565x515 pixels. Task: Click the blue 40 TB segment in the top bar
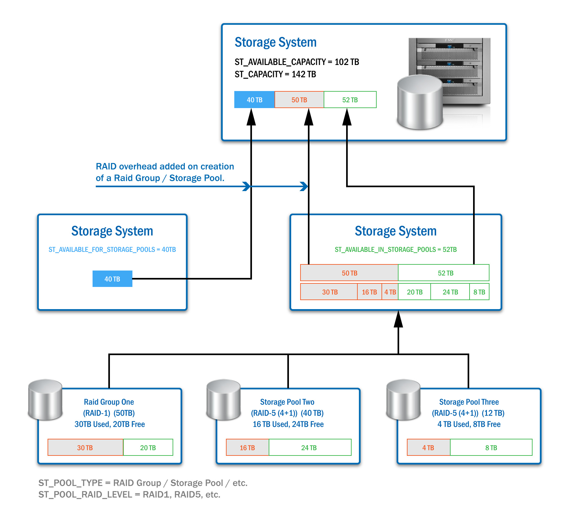(x=254, y=100)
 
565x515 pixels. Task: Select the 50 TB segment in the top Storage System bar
(x=299, y=100)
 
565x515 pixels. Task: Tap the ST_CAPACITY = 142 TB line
(x=275, y=74)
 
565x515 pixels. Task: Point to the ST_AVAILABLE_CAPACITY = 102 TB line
(x=297, y=62)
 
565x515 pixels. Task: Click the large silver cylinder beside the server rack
(x=420, y=102)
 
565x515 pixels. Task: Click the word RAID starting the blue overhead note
(x=106, y=166)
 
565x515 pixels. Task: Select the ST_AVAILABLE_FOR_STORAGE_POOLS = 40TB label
(x=112, y=250)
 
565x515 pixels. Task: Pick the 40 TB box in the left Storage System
(x=112, y=279)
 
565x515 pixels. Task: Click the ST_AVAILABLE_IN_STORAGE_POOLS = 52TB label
(x=396, y=250)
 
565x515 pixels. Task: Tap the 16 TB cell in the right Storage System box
(x=369, y=292)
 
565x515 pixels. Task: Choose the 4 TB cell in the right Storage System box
(x=390, y=292)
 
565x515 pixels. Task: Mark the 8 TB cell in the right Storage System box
(x=479, y=292)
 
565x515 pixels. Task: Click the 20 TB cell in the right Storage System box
(x=415, y=292)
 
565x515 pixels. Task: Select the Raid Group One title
(x=109, y=402)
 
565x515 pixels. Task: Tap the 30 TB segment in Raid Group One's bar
(x=85, y=447)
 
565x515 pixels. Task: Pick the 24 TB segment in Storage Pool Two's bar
(x=309, y=447)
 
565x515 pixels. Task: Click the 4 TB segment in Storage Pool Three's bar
(x=428, y=447)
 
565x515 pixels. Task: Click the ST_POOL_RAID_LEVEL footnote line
(x=129, y=494)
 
